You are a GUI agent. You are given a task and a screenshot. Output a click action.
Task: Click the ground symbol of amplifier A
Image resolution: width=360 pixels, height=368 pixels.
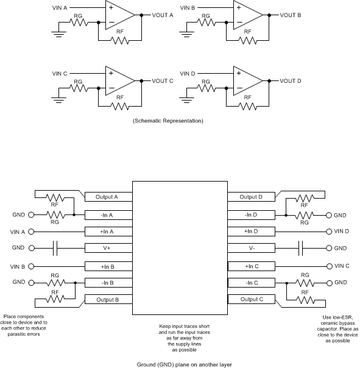tap(58, 34)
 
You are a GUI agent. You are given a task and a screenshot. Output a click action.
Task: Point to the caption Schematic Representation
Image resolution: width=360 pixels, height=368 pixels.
tap(168, 121)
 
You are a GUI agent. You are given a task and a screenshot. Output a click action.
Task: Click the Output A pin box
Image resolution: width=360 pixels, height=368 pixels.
tap(106, 197)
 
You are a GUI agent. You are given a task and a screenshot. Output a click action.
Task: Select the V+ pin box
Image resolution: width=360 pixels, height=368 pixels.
tap(106, 249)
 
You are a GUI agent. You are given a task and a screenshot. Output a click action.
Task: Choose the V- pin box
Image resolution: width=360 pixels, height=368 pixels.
tap(252, 249)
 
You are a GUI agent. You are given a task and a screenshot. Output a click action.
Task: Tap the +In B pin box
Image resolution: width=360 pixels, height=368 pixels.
tap(106, 266)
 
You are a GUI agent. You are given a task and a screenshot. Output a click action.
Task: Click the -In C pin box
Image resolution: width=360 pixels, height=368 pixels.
tap(252, 283)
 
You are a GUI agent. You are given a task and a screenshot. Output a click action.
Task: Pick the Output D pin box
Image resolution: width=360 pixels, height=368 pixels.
tap(252, 197)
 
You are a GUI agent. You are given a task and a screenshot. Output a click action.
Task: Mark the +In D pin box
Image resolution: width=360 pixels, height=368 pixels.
tap(252, 232)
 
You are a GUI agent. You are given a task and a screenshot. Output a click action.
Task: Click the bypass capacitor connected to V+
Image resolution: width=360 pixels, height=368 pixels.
tap(55, 249)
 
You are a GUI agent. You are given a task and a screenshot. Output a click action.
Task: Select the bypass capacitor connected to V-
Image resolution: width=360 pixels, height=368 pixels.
tap(302, 249)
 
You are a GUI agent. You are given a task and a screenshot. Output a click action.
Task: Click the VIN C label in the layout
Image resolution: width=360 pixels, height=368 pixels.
tap(342, 266)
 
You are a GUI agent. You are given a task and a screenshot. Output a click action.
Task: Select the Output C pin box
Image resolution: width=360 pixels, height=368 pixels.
tap(252, 299)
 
